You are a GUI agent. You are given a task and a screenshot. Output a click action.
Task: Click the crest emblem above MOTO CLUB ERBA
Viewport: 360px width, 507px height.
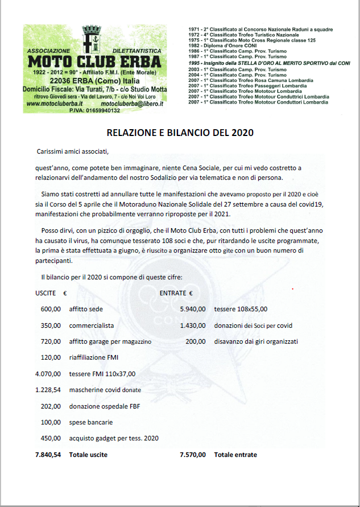(92, 39)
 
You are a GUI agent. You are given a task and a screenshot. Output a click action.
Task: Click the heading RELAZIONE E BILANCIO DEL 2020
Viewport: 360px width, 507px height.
(180, 133)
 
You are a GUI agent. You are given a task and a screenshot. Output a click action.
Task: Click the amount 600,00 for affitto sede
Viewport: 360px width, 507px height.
(51, 309)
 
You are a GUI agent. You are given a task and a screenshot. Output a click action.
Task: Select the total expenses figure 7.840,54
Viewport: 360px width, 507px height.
(48, 455)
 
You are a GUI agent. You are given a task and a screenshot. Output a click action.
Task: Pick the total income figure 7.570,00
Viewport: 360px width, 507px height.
(193, 455)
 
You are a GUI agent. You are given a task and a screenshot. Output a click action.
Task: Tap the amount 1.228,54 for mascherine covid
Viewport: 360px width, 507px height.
(48, 390)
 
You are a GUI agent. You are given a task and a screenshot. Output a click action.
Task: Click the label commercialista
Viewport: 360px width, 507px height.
(92, 325)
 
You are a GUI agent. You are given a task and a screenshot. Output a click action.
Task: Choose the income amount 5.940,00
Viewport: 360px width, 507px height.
(193, 309)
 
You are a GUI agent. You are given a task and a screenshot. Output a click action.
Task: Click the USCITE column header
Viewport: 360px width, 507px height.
(45, 294)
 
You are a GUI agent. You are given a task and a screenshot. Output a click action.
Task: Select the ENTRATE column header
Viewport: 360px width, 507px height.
(173, 294)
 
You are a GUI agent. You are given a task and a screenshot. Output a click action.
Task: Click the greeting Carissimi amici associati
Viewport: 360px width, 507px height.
(71, 152)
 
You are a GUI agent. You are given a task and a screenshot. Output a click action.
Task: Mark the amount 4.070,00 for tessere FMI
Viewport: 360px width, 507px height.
(48, 374)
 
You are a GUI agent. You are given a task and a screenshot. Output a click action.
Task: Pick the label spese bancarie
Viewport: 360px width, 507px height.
(91, 422)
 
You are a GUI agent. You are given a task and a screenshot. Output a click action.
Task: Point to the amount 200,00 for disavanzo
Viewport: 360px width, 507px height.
(196, 341)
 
